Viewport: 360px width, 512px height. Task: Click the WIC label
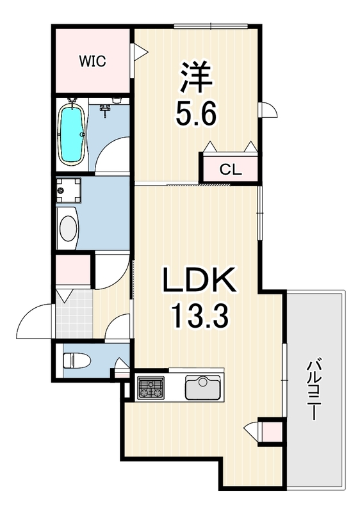[92, 61]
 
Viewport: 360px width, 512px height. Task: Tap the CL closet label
[231, 170]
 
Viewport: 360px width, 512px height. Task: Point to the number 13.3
[199, 316]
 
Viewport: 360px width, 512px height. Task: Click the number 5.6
[199, 115]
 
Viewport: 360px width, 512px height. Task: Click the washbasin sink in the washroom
[67, 227]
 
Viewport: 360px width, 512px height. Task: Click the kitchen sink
[203, 388]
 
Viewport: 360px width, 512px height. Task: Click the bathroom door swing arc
[115, 154]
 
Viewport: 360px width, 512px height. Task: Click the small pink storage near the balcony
[271, 431]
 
